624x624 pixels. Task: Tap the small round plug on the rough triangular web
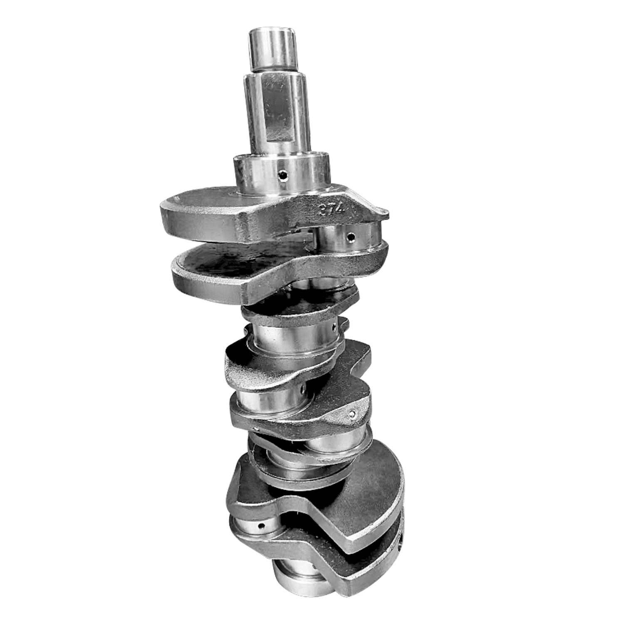(x=353, y=414)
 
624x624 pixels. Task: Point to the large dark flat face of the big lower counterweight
(x=366, y=499)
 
